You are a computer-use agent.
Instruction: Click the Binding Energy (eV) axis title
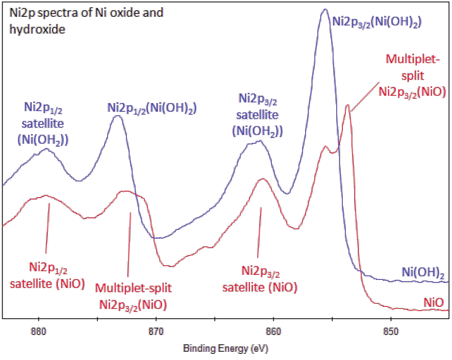225,349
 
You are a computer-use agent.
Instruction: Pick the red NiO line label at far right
433,302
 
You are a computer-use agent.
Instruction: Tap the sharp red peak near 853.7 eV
348,106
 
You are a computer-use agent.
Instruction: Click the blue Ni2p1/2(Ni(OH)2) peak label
152,108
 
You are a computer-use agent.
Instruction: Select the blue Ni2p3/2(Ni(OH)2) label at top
376,21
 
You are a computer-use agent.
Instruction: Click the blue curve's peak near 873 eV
118,116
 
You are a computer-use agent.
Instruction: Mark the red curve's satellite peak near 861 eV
262,179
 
